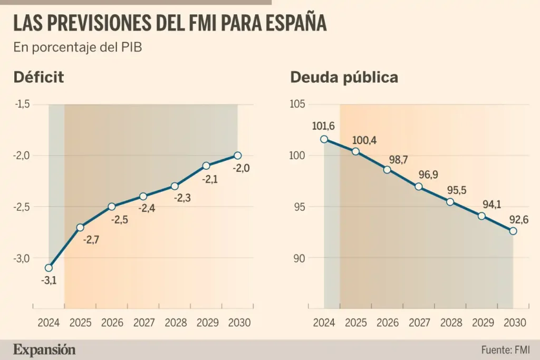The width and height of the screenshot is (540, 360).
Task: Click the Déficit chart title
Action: [38, 77]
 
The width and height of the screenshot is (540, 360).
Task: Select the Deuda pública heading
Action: [344, 77]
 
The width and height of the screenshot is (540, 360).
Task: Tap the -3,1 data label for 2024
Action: [49, 280]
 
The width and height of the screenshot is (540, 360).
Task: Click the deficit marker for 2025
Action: [80, 228]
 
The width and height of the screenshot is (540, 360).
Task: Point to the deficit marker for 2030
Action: [237, 155]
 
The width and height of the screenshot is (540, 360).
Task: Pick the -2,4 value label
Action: [147, 208]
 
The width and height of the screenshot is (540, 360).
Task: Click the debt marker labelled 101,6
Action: [324, 139]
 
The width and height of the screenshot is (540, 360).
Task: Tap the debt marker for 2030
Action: [513, 231]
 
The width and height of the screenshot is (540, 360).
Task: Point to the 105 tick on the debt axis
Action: [298, 104]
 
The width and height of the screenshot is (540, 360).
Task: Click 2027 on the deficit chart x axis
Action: [143, 323]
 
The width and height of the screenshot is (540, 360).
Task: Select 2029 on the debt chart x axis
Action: [481, 323]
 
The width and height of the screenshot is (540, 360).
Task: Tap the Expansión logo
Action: [44, 349]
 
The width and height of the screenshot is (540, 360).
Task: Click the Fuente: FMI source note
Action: [505, 350]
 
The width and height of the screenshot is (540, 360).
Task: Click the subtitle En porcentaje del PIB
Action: [78, 47]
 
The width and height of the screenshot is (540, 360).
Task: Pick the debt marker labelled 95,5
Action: [450, 202]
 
